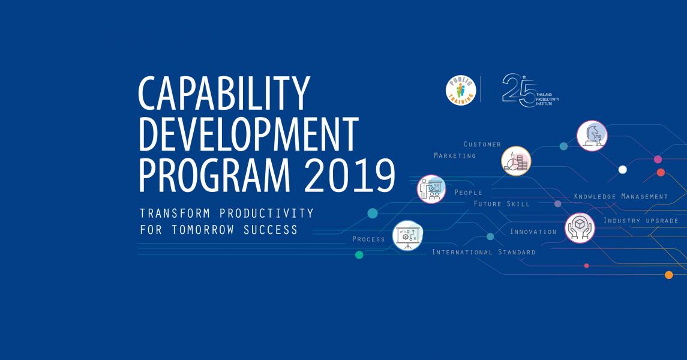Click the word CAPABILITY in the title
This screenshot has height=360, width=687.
coord(224,93)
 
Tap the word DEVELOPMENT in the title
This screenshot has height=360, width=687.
coord(248,133)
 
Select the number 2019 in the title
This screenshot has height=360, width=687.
coord(350,175)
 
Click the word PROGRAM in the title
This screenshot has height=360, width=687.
coord(214,175)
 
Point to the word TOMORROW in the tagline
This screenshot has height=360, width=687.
coord(203,229)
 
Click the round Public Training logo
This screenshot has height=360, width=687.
coord(460,90)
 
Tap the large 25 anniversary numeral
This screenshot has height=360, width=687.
coord(519,90)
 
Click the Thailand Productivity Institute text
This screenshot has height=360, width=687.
coord(548,99)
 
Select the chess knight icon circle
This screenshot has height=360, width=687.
coord(592,136)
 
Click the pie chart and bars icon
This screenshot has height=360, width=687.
coord(516,161)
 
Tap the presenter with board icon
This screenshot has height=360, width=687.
coord(431,189)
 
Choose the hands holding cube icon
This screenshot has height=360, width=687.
coord(580,228)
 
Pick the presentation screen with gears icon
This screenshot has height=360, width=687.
coord(407,236)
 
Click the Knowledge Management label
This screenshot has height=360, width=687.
coord(621,197)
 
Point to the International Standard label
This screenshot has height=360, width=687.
coord(484,252)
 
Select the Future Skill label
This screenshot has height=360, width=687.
coord(502,203)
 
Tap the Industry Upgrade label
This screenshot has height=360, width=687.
coord(641,220)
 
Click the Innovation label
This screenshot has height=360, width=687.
coord(533,232)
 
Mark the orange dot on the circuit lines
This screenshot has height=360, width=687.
coord(668,275)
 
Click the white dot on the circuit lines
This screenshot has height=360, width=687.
coord(622,169)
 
